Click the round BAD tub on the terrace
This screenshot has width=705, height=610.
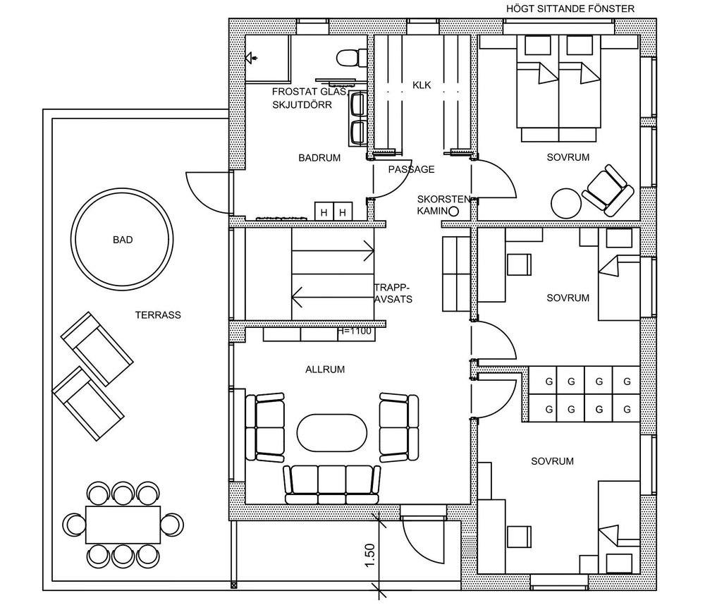[122, 239]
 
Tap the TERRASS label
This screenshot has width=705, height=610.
[157, 315]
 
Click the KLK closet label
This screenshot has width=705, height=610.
[422, 86]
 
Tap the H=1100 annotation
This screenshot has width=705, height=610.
[355, 330]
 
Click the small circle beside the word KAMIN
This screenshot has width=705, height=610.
[454, 211]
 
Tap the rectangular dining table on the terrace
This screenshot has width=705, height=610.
[123, 523]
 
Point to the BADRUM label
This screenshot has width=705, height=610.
[319, 158]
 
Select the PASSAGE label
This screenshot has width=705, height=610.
[411, 169]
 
